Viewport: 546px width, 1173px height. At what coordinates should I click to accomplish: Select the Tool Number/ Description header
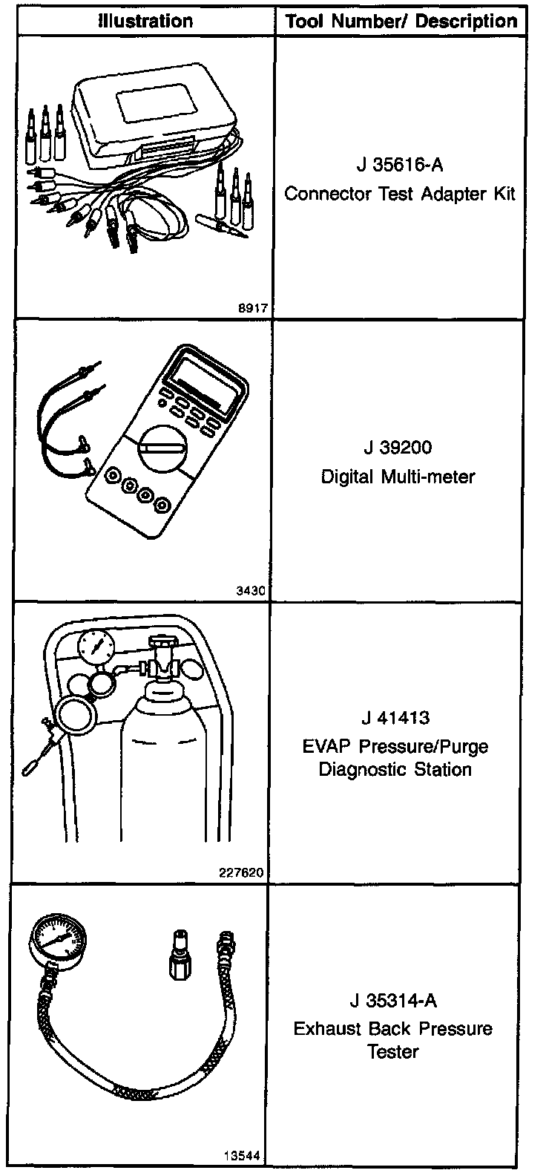tap(401, 21)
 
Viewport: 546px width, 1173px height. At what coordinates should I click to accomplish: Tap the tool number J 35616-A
tap(400, 165)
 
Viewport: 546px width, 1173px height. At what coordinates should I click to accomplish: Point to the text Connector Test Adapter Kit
tap(400, 194)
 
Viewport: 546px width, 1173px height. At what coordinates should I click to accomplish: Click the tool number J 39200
tap(397, 448)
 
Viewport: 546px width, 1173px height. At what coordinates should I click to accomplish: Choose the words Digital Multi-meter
tap(397, 476)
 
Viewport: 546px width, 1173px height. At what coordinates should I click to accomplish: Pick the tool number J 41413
tap(396, 719)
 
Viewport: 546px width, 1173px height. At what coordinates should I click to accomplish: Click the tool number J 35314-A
tap(392, 1000)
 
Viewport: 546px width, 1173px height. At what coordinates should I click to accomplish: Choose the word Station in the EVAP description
tap(438, 769)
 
